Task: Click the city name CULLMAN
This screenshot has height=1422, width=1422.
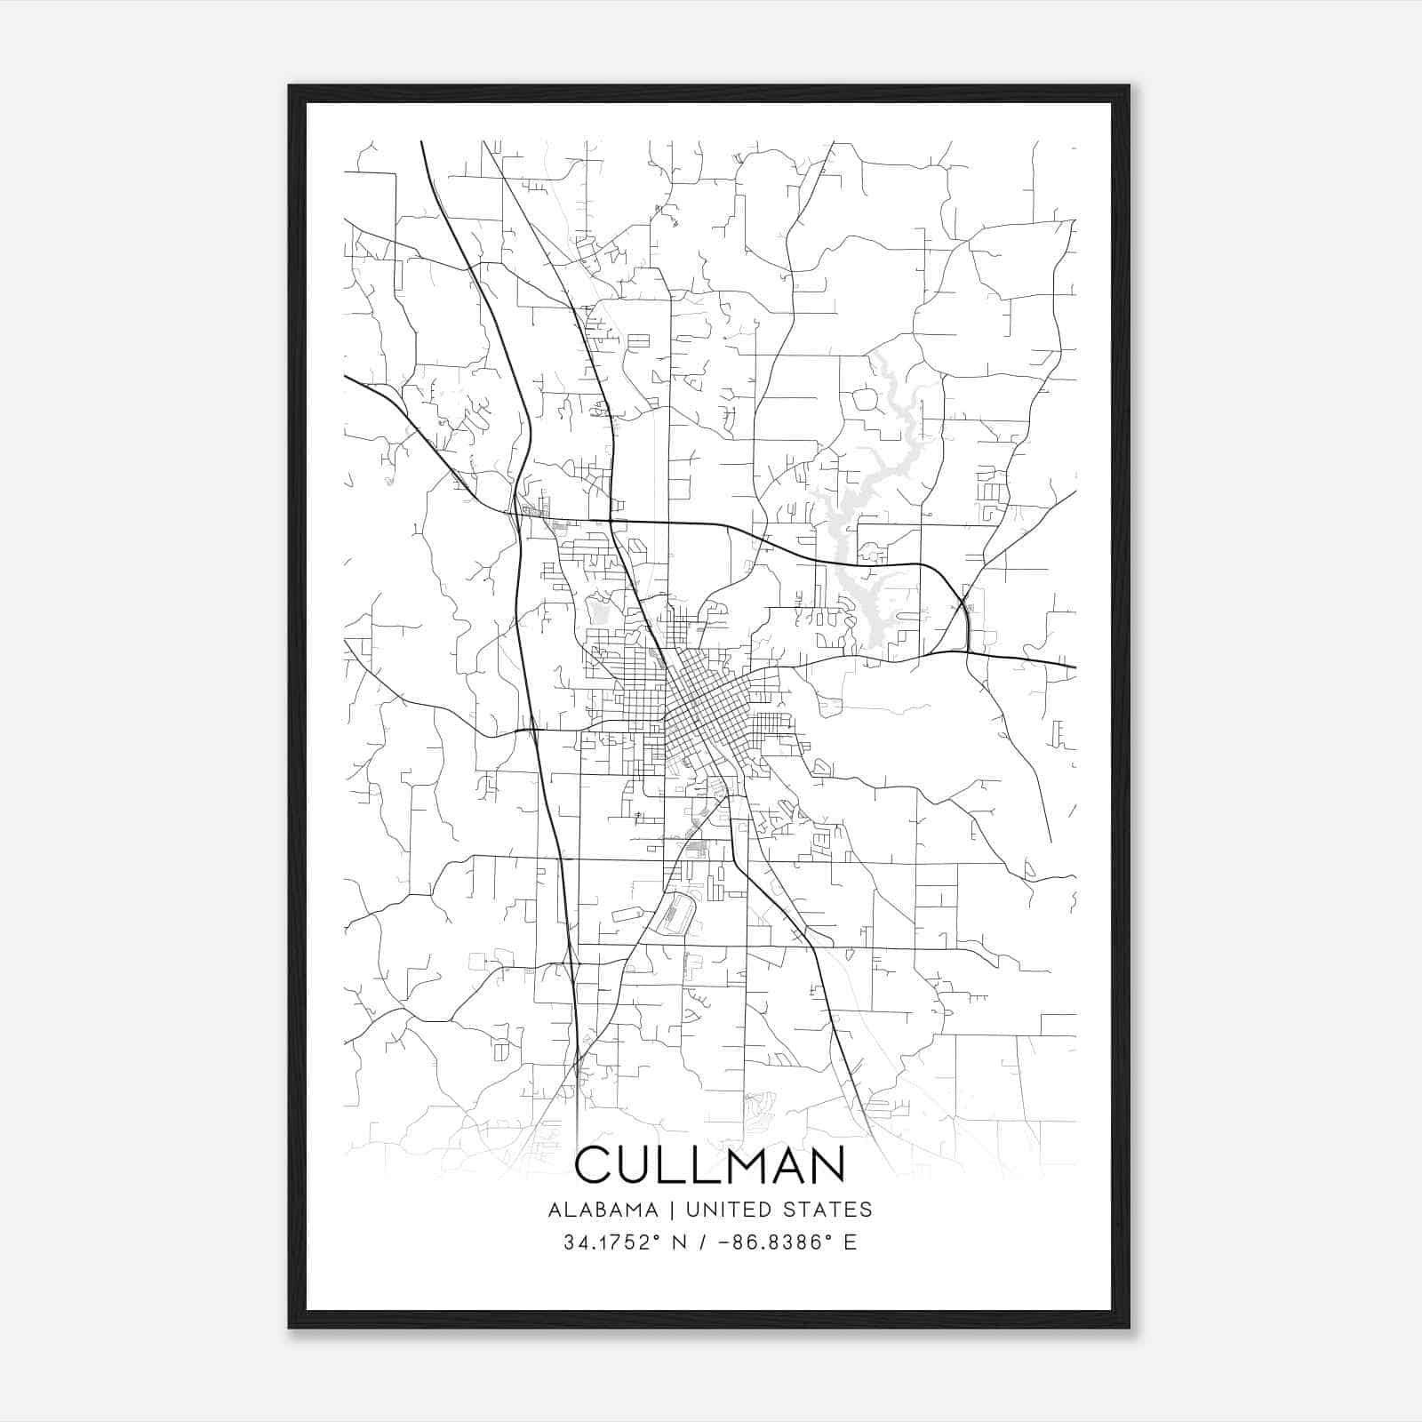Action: (x=710, y=1165)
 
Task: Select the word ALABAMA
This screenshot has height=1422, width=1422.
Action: (x=603, y=1210)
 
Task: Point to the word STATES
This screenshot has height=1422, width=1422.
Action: (x=827, y=1210)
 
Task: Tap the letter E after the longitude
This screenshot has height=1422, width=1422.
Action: (x=851, y=1242)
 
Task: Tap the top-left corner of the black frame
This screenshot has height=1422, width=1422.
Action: (x=290, y=87)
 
